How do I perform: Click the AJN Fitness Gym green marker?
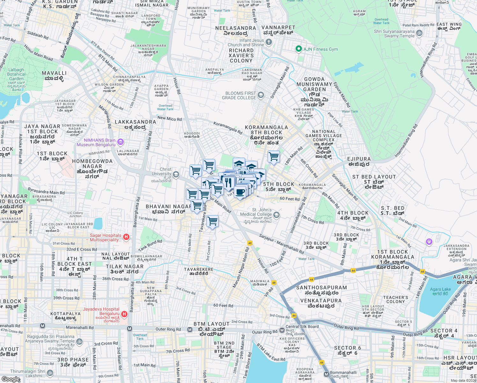(x=298, y=49)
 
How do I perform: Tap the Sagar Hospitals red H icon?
(x=126, y=237)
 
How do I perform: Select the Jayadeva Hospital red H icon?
(x=124, y=314)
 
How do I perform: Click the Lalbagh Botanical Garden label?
(x=16, y=74)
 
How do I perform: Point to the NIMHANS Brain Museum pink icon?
(x=121, y=142)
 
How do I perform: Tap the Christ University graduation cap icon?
(x=176, y=174)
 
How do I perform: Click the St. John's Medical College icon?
(x=276, y=215)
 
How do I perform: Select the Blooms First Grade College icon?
(x=261, y=95)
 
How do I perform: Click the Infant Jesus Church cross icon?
(x=269, y=42)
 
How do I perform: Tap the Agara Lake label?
(x=440, y=291)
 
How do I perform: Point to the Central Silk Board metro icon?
(x=282, y=330)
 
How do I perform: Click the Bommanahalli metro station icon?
(x=326, y=374)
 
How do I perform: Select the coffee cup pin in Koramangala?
(x=240, y=192)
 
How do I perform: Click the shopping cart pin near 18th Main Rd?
(x=274, y=156)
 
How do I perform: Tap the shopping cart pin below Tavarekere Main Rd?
(x=212, y=221)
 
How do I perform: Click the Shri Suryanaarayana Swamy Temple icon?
(x=419, y=33)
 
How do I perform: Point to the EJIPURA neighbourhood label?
(x=359, y=161)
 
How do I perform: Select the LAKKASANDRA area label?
(x=135, y=124)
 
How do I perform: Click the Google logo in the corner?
(x=11, y=379)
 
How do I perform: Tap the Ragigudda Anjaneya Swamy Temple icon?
(x=79, y=342)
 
